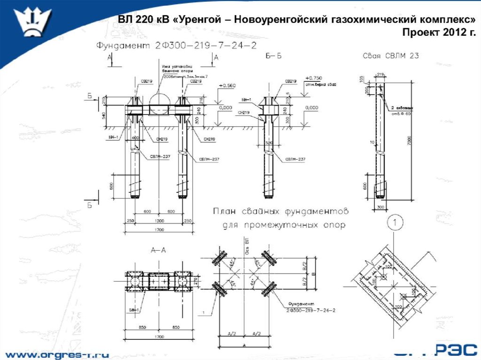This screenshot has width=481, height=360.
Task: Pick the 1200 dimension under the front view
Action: pos(159,221)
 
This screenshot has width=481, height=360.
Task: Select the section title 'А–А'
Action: pos(158,251)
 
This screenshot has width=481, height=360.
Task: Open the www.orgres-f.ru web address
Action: pos(57,353)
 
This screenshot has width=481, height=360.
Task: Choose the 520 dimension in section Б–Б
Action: pos(269,143)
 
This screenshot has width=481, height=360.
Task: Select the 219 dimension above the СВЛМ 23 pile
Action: pos(380,74)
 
